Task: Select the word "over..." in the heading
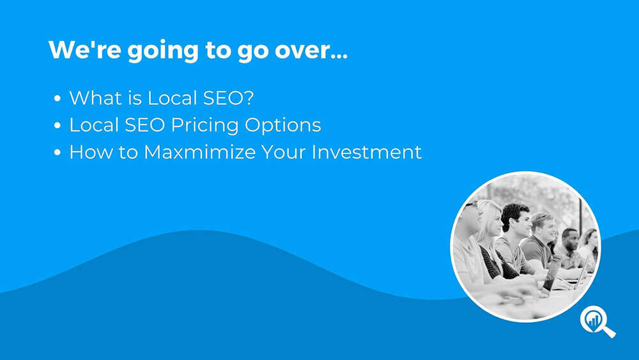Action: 311,51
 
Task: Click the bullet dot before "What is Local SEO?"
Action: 57,98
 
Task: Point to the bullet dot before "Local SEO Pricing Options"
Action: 57,125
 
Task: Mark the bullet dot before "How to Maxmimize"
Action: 57,152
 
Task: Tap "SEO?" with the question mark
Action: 229,98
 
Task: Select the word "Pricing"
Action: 204,125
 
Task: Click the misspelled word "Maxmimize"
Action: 199,152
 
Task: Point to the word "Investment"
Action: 366,152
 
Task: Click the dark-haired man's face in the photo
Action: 520,222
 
